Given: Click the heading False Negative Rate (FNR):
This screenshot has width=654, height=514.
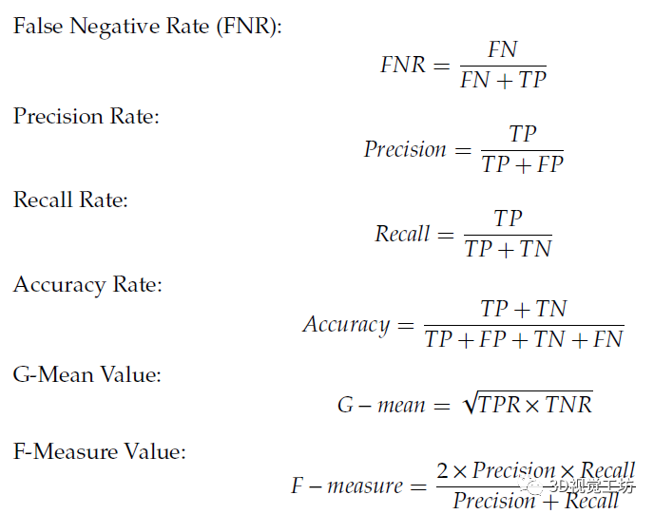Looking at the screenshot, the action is pos(147,26).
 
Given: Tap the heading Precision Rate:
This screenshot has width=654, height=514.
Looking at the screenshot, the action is pos(87,116).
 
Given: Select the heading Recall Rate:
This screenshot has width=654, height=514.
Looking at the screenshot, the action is pos(70,200).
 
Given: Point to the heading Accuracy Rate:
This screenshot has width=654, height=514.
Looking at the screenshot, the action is pos(87,284).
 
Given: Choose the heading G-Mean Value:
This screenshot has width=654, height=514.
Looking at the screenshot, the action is pos(87,374).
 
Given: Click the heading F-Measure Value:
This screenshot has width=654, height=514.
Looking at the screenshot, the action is pos(100,451).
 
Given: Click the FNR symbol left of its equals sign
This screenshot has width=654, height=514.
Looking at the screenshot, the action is pos(403,66).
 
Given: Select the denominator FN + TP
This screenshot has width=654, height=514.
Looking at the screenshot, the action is pos(503,81).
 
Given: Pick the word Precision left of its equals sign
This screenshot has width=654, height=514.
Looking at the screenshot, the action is pos(405,149).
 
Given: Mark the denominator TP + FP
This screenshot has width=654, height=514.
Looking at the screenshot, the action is pos(522,164).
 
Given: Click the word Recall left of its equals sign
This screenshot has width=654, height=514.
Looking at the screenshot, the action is pos(402,234).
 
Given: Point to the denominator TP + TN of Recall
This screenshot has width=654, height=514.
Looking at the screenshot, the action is pos(508,249).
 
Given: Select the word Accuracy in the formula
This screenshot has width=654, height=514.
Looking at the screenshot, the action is pos(346,324).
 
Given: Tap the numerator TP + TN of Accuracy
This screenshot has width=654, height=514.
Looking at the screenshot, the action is pos(523,309).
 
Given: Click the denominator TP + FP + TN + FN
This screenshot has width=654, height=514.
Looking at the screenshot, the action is pos(524,339).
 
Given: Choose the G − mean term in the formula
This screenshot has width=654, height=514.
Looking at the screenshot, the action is pos(381,406).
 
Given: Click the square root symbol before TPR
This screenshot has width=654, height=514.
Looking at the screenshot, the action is pos(469,404).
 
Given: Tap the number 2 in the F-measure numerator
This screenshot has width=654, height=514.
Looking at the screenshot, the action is pos(443,471).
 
